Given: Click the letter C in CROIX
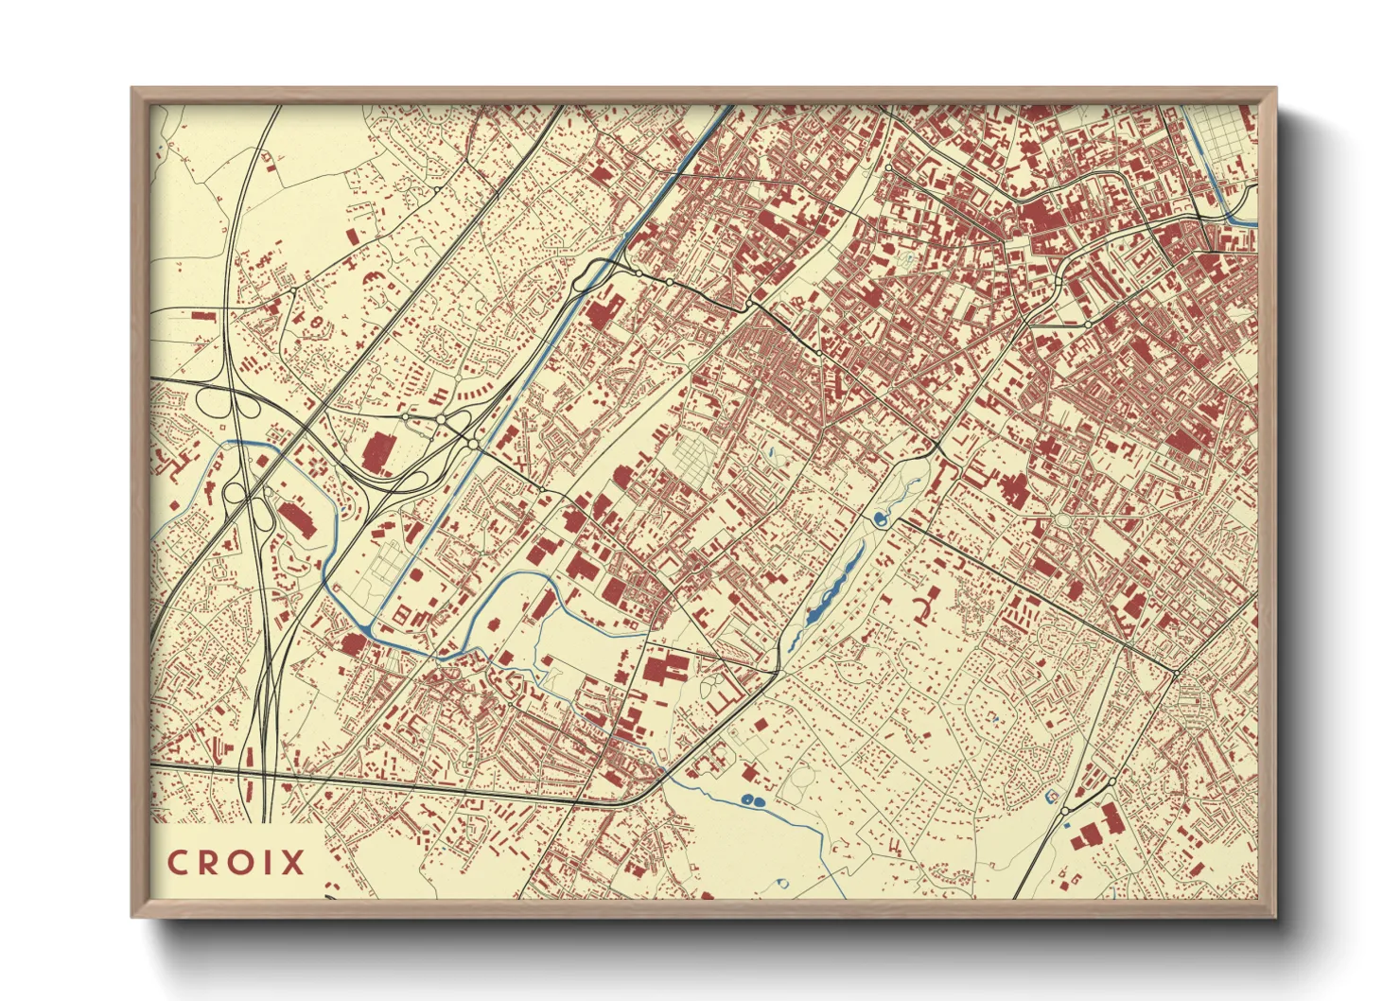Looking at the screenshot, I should [177, 863].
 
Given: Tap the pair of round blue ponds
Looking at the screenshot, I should [752, 801].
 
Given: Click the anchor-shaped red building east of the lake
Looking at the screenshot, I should [927, 605].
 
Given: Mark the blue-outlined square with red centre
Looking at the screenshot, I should [1051, 798].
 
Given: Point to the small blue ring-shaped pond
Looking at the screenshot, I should [784, 882].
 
